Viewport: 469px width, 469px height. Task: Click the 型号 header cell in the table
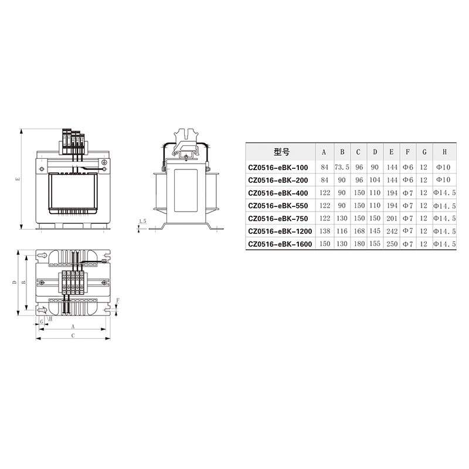[x=281, y=152]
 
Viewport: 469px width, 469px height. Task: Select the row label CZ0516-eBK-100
[x=278, y=168]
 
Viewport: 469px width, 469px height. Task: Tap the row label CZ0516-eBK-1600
[x=280, y=244]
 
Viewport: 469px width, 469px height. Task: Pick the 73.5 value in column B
[x=342, y=167]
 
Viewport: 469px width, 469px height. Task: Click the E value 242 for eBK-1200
[x=392, y=231]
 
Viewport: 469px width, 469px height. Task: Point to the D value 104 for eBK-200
[x=375, y=180]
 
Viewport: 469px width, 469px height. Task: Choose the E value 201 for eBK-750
[x=392, y=218]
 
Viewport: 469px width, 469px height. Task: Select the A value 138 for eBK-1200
[x=325, y=231]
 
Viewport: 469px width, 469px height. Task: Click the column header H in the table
[x=444, y=152]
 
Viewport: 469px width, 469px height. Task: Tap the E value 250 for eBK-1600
[x=392, y=244]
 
